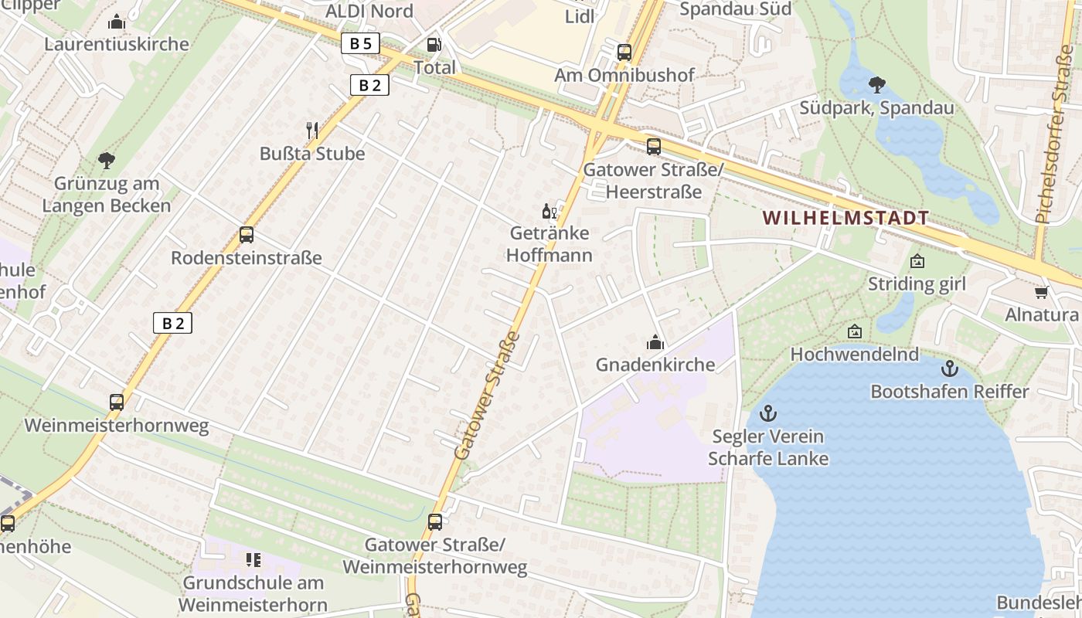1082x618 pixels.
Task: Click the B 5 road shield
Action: click(360, 43)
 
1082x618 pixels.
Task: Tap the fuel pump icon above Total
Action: click(434, 46)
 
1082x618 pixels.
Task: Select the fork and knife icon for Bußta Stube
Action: click(312, 130)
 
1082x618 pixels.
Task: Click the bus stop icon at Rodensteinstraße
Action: click(247, 235)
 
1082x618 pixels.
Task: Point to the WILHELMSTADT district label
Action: click(846, 218)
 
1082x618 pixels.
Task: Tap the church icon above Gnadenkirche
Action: click(655, 341)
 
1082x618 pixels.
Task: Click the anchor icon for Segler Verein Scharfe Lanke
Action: click(767, 413)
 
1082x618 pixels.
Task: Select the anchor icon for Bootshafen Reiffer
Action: click(950, 368)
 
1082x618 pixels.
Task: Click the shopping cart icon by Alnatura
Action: click(1041, 292)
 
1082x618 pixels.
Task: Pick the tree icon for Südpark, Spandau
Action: click(876, 84)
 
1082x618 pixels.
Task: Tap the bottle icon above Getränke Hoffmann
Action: click(549, 211)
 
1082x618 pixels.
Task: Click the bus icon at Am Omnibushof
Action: click(624, 53)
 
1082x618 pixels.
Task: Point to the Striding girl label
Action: click(917, 284)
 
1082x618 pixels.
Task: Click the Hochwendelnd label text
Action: click(854, 355)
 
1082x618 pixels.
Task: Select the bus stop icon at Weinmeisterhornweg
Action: click(117, 402)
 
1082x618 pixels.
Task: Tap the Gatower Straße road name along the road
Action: click(487, 396)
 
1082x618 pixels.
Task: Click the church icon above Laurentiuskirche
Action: click(117, 22)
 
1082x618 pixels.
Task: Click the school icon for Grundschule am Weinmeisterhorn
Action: click(253, 559)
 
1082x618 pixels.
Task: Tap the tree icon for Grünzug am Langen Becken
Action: click(107, 161)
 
